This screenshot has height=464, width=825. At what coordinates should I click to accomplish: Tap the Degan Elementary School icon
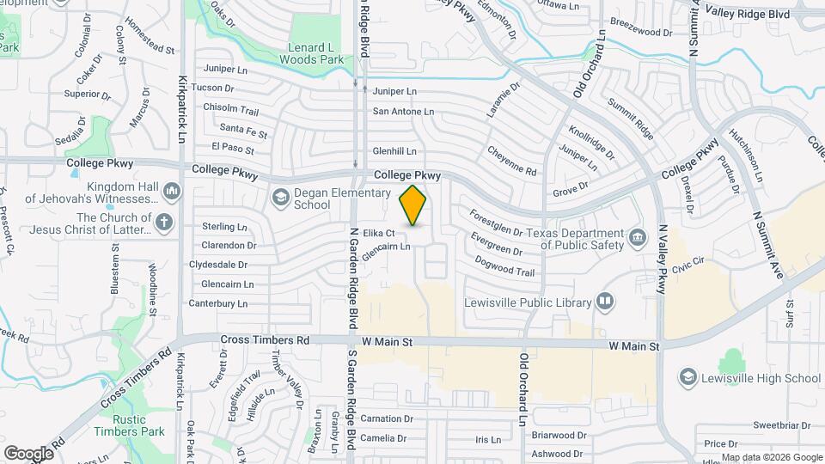tap(279, 198)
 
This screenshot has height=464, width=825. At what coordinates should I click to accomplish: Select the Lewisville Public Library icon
tap(605, 302)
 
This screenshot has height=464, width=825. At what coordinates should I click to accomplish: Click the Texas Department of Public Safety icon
tap(637, 236)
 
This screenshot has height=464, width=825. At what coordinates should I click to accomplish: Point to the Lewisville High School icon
tap(687, 377)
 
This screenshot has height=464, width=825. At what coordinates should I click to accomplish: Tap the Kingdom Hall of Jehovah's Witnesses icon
tap(171, 189)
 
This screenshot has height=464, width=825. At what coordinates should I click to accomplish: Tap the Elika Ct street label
tap(378, 233)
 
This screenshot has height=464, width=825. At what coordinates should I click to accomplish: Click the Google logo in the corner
tap(28, 453)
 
